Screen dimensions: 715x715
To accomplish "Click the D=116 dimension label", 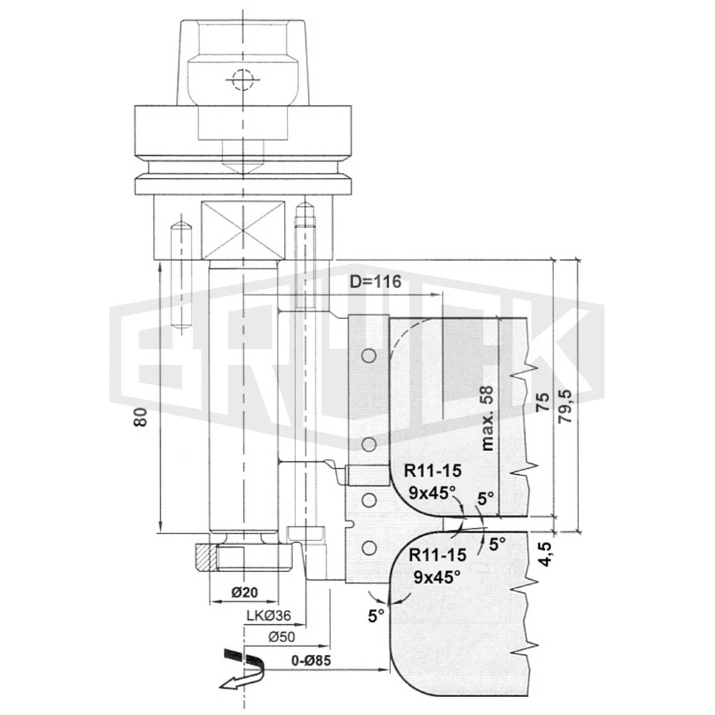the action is pos(375,281).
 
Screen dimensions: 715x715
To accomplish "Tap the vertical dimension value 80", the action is pos(141,416).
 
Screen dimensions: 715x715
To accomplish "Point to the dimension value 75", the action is pos(543,402).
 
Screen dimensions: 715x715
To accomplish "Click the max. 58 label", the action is pos(487,418).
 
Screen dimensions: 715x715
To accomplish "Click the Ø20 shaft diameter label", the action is pos(245,592).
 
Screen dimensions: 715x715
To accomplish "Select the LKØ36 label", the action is pos(269,616).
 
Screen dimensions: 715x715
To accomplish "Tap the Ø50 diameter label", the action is pos(282,636).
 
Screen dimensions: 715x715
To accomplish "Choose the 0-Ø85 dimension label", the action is pos(312,660).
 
